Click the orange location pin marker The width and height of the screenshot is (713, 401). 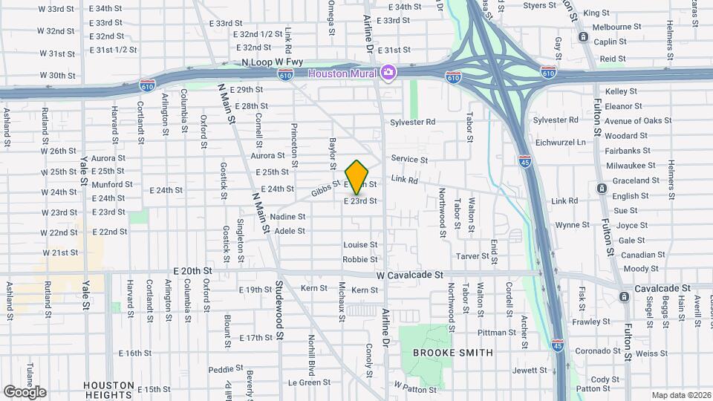tap(357, 177)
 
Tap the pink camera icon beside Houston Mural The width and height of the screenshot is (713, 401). tap(388, 72)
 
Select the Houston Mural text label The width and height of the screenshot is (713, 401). tap(342, 73)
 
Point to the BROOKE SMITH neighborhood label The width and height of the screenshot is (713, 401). tap(453, 353)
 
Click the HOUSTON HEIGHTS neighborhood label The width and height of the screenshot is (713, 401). tap(109, 391)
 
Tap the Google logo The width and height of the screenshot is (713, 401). tap(25, 391)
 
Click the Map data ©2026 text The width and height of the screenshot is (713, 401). tap(680, 395)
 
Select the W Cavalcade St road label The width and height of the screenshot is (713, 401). tap(409, 274)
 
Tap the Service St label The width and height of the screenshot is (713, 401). tap(409, 159)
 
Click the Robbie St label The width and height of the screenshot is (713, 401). tap(360, 259)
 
